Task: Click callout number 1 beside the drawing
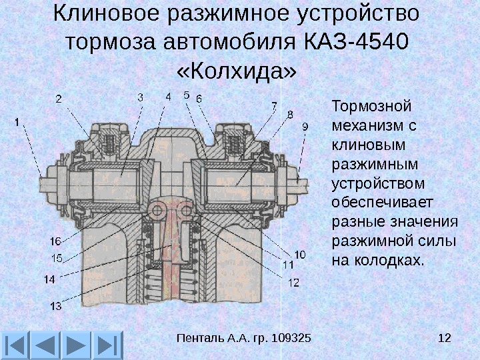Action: tap(15, 122)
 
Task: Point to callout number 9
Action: tap(305, 125)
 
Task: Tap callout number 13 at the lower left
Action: tap(55, 307)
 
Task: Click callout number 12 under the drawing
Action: tap(293, 282)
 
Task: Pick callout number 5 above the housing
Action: tap(186, 94)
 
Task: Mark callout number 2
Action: tap(59, 99)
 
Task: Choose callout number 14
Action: tap(50, 280)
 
